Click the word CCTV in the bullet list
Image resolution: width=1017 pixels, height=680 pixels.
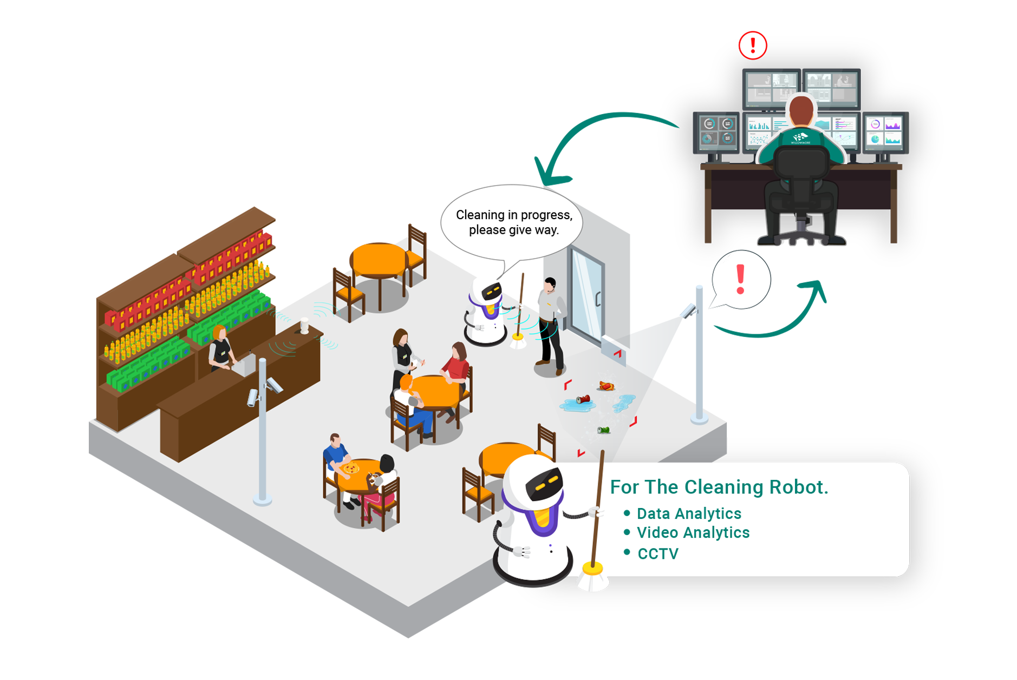click(657, 553)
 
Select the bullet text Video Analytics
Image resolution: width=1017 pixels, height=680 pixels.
click(693, 533)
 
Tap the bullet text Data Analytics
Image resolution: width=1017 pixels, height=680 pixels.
click(688, 513)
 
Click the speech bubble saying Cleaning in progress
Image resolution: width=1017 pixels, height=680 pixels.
click(513, 222)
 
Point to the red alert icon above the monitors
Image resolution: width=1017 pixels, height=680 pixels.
click(752, 45)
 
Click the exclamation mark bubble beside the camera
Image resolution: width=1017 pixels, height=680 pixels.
click(742, 280)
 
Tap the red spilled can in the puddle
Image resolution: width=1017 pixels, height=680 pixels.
click(583, 400)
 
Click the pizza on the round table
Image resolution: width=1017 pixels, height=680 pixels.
click(350, 468)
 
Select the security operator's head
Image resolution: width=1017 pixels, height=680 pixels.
click(801, 110)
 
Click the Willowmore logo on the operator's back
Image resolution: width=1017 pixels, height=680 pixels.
click(800, 138)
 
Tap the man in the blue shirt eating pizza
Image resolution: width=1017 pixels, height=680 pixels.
click(335, 452)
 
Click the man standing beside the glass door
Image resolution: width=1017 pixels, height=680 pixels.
click(550, 325)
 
